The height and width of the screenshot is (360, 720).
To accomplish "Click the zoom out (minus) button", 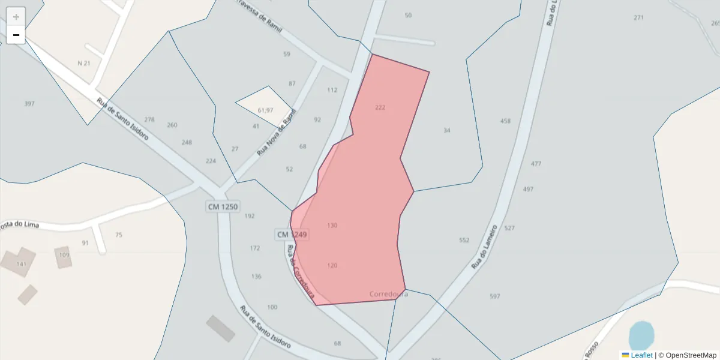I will (16, 35).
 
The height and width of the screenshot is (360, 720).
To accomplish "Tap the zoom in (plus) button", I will (16, 17).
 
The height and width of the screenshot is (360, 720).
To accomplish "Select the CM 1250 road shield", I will (223, 206).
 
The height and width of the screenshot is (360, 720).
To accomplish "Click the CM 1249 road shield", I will (292, 234).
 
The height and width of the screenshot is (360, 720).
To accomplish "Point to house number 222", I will (380, 107).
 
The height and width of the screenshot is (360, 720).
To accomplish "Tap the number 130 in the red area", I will (332, 226).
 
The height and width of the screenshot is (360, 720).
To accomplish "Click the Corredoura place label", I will (389, 294).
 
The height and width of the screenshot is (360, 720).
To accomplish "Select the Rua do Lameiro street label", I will (484, 246).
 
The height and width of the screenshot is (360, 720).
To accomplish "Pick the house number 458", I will (505, 121).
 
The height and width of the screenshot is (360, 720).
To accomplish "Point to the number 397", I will (29, 104).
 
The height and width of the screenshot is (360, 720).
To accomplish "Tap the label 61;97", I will (265, 110).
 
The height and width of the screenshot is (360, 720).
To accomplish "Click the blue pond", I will (641, 335).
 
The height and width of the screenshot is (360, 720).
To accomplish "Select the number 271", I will (638, 18).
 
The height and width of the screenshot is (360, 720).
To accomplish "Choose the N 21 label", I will (84, 63).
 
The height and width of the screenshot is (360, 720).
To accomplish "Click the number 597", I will (495, 296).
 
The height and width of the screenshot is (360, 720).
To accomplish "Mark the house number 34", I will (446, 130).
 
